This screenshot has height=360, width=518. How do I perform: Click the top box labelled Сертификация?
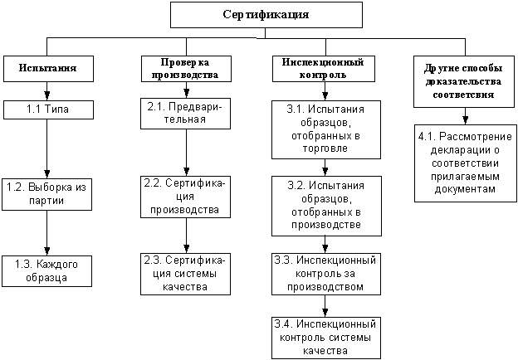266,15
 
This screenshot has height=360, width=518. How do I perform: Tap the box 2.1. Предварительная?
184,115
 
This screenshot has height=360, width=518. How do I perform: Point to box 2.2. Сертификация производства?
184,196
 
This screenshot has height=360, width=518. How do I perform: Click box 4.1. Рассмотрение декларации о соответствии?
457,163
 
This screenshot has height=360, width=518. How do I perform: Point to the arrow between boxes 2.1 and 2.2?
184,153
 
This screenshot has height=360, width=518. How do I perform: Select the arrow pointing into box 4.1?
458,117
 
